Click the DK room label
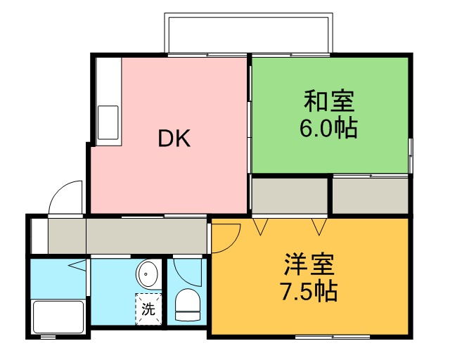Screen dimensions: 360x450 174,139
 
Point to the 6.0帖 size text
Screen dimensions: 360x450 328,129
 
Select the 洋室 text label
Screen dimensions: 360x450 309,265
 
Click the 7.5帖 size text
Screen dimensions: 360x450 309,290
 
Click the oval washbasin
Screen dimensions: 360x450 147,272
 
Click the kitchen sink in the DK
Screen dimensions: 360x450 108,122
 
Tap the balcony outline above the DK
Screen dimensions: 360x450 247,32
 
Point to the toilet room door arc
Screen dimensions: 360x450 186,271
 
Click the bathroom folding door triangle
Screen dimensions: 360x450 77,266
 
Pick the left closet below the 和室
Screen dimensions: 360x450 290,196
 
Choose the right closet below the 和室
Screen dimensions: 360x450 370,196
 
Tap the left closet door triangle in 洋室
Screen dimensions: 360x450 262,226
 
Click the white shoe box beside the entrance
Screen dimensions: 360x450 39,236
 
